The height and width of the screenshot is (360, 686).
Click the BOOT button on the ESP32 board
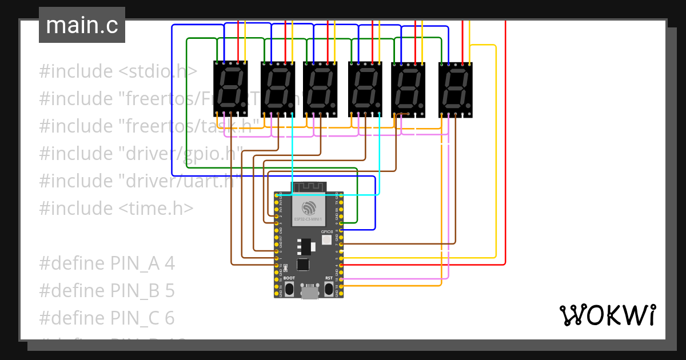click(x=290, y=288)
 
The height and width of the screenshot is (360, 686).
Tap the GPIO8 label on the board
click(x=327, y=231)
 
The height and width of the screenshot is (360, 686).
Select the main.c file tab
click(x=82, y=25)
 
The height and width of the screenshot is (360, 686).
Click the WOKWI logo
click(x=607, y=315)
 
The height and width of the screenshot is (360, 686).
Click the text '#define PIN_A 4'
click(x=107, y=263)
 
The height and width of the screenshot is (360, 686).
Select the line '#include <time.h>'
click(x=116, y=208)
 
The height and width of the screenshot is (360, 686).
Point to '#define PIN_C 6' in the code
click(x=107, y=318)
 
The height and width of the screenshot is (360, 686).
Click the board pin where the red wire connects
click(x=341, y=265)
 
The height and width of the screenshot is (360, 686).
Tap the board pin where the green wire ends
click(x=341, y=223)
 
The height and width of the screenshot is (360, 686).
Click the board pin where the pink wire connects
click(x=341, y=279)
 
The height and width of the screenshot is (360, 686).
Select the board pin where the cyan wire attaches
click(x=277, y=195)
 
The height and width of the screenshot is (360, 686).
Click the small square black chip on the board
click(x=302, y=265)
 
